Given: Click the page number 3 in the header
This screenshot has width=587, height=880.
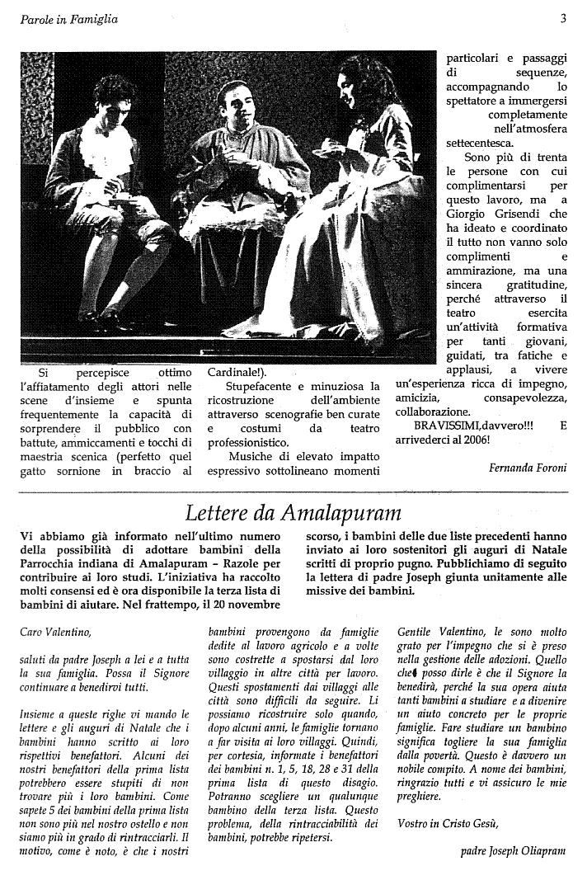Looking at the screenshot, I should pyautogui.click(x=563, y=18).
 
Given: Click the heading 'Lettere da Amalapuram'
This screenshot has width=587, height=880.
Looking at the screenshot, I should pyautogui.click(x=293, y=513).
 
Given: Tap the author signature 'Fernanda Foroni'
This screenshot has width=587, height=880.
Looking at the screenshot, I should pyautogui.click(x=528, y=468).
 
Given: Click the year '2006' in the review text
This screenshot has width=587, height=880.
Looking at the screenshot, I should pyautogui.click(x=477, y=441).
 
